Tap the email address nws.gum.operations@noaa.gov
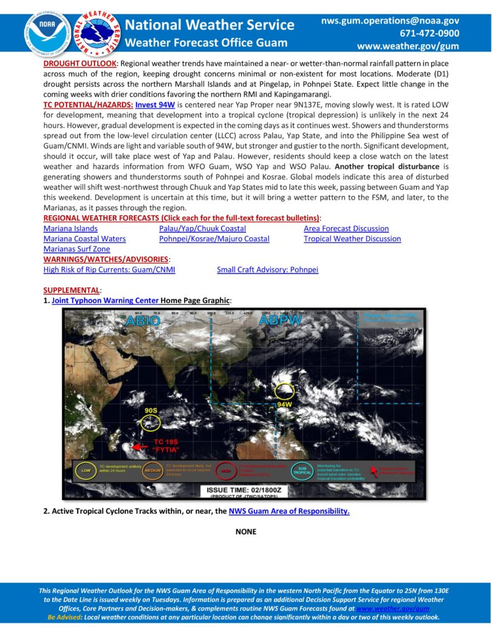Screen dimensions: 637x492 pos(390,21)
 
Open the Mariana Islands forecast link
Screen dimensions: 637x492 pos(70,228)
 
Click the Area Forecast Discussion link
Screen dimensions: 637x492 pos(346,228)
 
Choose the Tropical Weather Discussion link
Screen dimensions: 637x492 pos(352,238)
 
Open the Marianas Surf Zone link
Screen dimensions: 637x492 pos(77,249)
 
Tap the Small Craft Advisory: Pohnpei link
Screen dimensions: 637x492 pos(267,269)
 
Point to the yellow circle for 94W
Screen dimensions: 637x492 pos(284,391)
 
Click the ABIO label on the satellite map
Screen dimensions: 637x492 pos(144,322)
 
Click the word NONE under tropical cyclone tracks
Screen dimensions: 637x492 pos(246,531)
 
